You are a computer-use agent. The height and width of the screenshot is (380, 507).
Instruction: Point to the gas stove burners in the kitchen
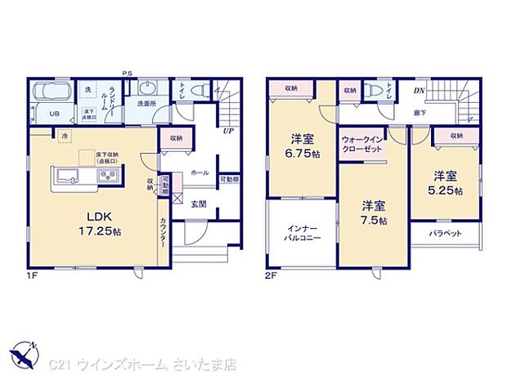point(109,177)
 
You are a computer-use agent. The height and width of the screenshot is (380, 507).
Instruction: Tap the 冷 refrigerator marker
point(64,137)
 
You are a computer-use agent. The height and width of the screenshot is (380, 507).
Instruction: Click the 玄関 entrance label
point(199,204)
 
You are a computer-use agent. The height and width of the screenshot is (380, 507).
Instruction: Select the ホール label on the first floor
point(199,173)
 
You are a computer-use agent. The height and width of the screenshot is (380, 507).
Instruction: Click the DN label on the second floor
point(419,91)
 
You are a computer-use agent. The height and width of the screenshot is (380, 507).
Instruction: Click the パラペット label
point(446,233)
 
